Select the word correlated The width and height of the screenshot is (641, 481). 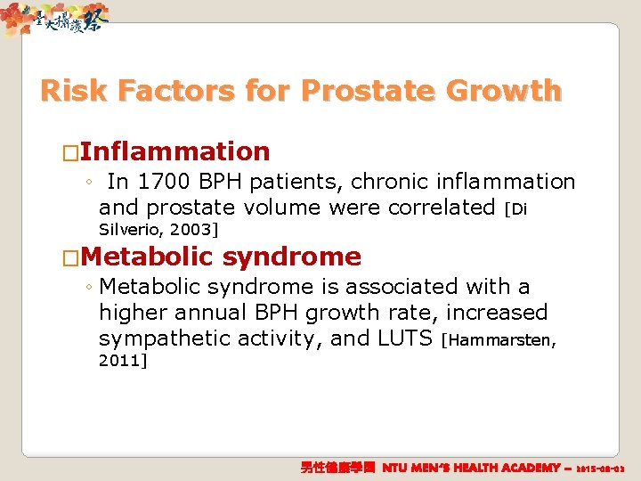(436, 208)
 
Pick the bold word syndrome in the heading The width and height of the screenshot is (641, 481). (291, 257)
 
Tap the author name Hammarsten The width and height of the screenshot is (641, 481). (504, 339)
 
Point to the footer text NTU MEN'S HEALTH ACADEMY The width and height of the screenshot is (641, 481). (472, 468)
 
